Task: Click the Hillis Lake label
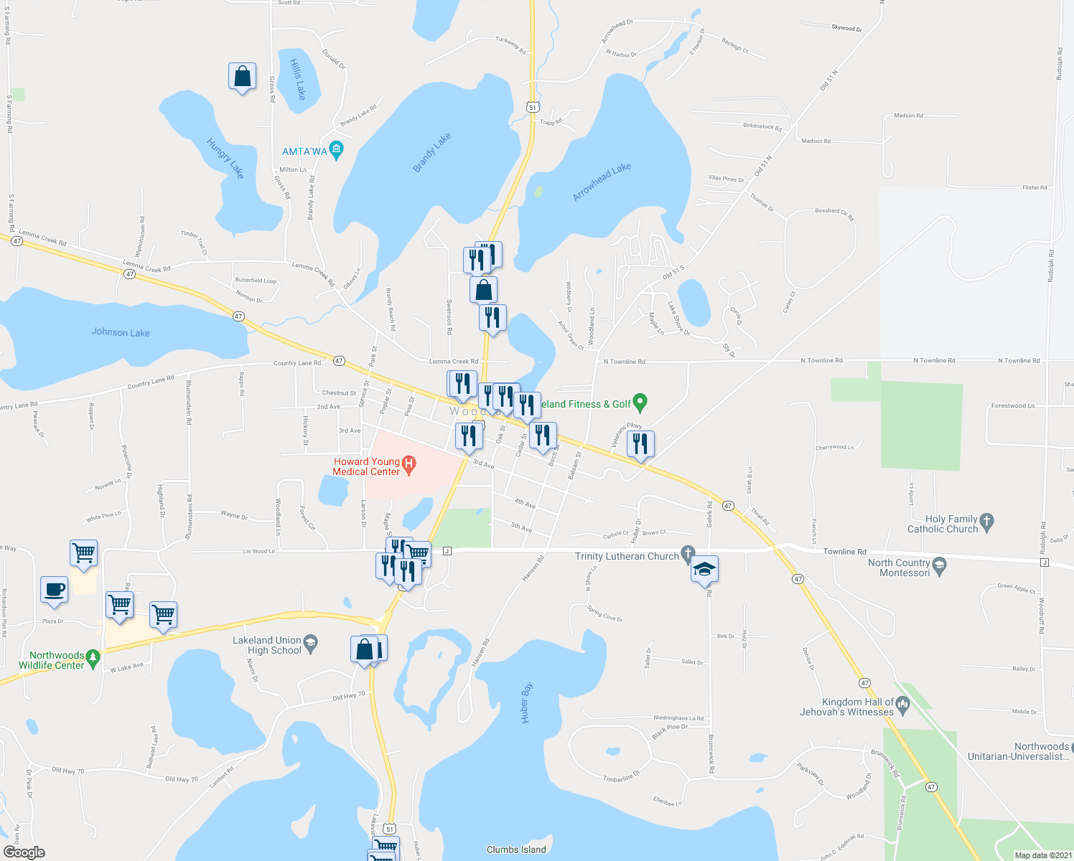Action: click(x=298, y=79)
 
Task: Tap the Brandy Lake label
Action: click(x=432, y=153)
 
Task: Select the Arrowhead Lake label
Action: click(x=602, y=182)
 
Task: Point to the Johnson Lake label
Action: click(x=121, y=332)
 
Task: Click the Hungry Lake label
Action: click(x=225, y=159)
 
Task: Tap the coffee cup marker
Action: click(x=55, y=590)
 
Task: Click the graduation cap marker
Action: click(x=704, y=570)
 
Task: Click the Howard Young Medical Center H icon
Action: click(x=409, y=466)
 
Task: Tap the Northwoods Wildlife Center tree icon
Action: click(x=92, y=656)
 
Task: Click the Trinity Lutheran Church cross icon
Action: click(x=688, y=555)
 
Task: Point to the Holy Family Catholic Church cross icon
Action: click(x=986, y=523)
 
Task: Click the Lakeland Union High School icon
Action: click(x=310, y=641)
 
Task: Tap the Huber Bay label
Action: click(x=526, y=702)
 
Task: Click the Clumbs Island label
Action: click(x=516, y=850)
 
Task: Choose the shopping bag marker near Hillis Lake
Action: click(x=243, y=76)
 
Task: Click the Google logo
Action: click(x=24, y=852)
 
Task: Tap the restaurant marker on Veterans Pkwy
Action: click(x=640, y=443)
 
